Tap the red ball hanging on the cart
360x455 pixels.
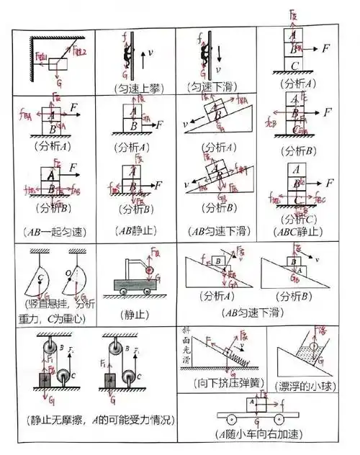(150, 271)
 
